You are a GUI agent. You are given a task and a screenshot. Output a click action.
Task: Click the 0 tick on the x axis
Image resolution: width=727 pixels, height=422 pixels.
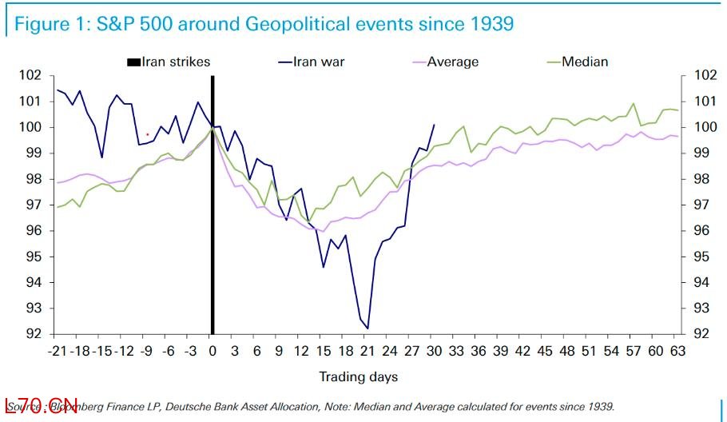tap(212, 351)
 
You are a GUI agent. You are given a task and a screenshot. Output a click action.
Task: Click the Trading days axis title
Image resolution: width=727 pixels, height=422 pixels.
tap(359, 376)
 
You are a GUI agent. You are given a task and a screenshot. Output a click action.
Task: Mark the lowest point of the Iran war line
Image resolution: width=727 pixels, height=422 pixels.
tap(367, 328)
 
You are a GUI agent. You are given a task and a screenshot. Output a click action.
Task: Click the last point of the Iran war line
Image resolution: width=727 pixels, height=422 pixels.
tap(434, 125)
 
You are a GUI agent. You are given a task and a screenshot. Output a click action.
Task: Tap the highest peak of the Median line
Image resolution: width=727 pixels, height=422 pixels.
tap(634, 103)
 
